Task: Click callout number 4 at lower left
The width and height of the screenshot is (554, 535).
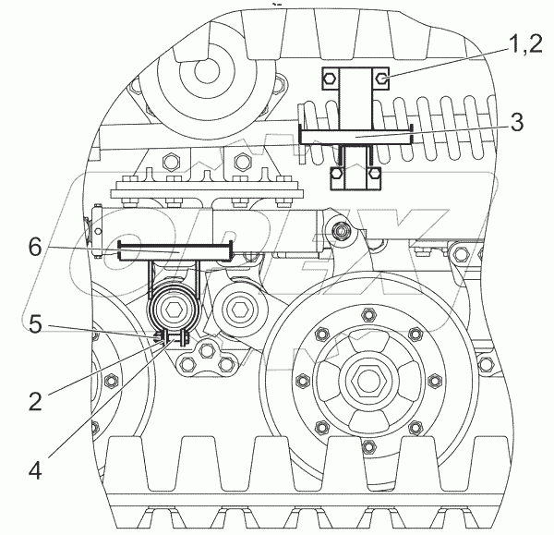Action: point(34,468)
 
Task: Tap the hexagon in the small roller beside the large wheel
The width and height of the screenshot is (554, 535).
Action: point(238,307)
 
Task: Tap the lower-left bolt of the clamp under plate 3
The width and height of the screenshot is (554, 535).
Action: point(340,172)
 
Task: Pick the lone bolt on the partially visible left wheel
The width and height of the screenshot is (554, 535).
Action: point(110,380)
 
